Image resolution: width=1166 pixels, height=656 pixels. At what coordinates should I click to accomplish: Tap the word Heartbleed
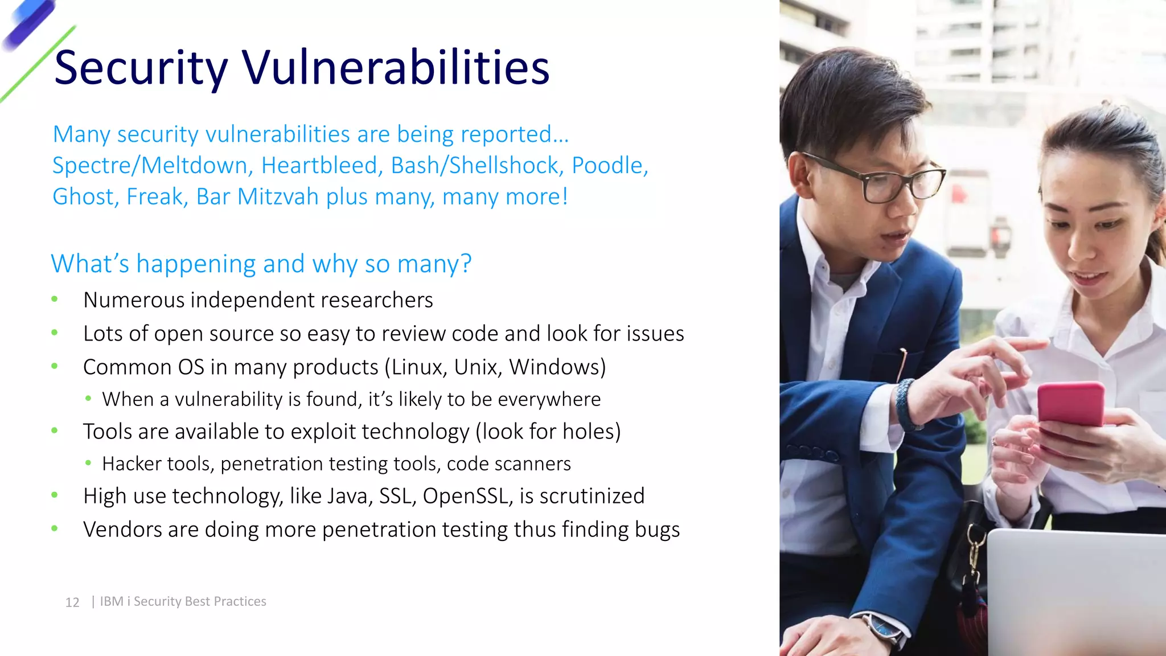click(x=319, y=166)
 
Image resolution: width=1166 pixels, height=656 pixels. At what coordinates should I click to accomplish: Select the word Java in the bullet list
click(x=348, y=496)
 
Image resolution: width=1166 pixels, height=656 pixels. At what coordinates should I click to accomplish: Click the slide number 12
click(x=72, y=602)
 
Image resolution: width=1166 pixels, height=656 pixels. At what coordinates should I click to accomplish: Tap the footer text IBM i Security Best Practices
click(x=183, y=601)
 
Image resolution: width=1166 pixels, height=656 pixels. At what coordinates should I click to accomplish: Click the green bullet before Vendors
click(x=55, y=529)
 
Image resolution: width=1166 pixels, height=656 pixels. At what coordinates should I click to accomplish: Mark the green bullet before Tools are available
click(x=55, y=431)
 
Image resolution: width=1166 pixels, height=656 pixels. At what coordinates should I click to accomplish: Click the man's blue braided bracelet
click(x=906, y=404)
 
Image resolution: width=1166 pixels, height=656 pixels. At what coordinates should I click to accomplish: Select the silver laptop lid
click(x=1076, y=592)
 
